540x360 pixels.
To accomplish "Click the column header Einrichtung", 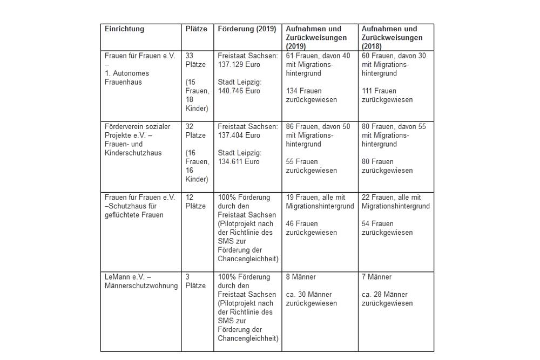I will (x=124, y=29).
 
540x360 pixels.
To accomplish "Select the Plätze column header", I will (x=196, y=29).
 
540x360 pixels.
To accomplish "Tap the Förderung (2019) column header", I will (x=247, y=29).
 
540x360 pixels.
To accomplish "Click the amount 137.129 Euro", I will (x=239, y=64).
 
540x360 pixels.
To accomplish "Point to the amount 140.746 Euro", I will (x=239, y=91).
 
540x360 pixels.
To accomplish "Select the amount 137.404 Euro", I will (x=239, y=135).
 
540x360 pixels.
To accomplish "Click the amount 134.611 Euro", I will (x=239, y=161).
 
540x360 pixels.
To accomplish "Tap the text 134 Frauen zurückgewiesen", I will (x=312, y=95).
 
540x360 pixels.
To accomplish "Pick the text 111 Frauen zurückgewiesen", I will (x=387, y=95).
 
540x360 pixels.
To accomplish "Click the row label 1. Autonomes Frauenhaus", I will (x=127, y=77).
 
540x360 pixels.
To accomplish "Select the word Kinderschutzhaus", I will (x=133, y=153).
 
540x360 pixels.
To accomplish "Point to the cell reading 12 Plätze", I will (x=195, y=201).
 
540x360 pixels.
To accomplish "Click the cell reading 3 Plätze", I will (x=195, y=281).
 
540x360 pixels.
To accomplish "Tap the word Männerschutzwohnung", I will (x=141, y=286).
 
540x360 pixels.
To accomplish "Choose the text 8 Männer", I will (x=301, y=277).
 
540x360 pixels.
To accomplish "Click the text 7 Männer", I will (x=376, y=277).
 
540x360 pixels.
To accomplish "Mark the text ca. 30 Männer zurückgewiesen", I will (x=312, y=298).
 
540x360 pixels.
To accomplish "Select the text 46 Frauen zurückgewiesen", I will (x=312, y=228).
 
